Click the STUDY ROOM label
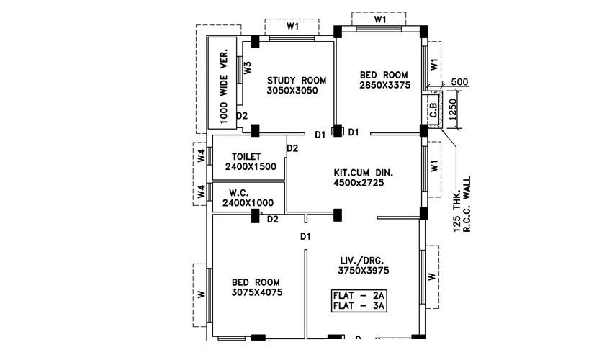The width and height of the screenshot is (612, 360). pos(297,80)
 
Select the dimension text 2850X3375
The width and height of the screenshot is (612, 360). pos(384,85)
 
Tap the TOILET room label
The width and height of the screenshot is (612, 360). pos(246,156)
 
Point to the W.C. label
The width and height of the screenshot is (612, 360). pos(239,193)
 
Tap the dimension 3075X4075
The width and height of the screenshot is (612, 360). pos(256,293)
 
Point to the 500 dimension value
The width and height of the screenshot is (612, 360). pos(459,82)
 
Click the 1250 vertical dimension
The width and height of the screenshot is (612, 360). pos(453,109)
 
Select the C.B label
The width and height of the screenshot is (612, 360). pos(433,110)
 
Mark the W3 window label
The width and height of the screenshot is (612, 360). pos(247,68)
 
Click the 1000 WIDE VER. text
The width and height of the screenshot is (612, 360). pos(223,85)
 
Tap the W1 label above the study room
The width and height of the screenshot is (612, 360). pos(292,26)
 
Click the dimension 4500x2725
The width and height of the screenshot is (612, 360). pos(359,183)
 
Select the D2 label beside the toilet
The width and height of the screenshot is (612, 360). pos(292,148)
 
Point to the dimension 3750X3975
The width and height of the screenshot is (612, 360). pos(364,270)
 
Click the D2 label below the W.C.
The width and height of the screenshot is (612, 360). pos(273,219)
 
